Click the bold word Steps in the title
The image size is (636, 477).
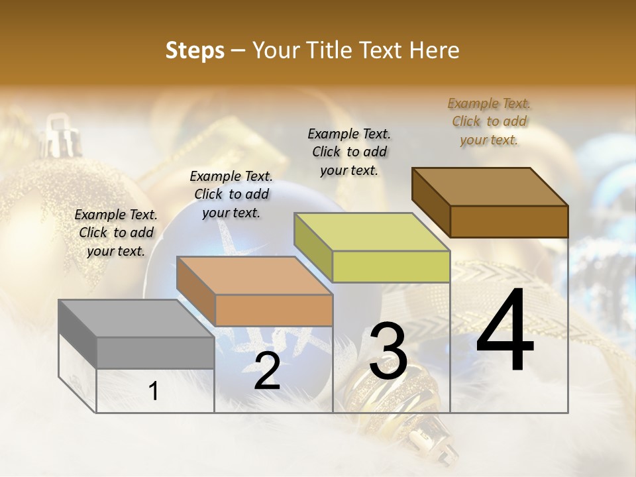click(x=195, y=50)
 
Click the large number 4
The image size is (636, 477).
click(x=505, y=331)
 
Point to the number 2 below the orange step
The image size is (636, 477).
click(x=267, y=371)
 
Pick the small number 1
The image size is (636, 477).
click(x=154, y=392)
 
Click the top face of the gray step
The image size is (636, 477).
click(x=136, y=318)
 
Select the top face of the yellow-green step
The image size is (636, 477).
click(x=372, y=232)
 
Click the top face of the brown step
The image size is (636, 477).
click(x=490, y=187)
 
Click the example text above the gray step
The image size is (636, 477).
click(x=116, y=233)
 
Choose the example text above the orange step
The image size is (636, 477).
click(x=231, y=194)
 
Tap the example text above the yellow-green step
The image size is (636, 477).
click(x=349, y=152)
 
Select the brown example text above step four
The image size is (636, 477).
click(x=489, y=121)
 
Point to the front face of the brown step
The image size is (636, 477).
click(x=509, y=221)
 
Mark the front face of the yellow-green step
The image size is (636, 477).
click(x=391, y=266)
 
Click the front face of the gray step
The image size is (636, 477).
click(x=155, y=352)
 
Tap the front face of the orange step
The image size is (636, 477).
click(x=274, y=310)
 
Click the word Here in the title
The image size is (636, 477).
click(x=434, y=50)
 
